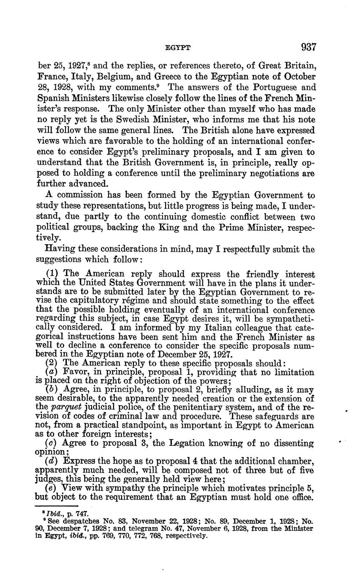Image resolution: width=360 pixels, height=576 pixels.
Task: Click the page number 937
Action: coord(307,47)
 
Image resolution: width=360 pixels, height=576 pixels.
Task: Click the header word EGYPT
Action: coord(178,48)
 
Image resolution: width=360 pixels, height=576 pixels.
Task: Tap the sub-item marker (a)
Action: coord(51,372)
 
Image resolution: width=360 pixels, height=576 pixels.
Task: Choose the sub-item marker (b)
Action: coord(52,389)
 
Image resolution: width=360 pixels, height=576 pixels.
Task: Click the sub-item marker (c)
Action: coord(52,443)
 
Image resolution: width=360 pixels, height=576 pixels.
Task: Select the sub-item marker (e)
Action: coord(51,488)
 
